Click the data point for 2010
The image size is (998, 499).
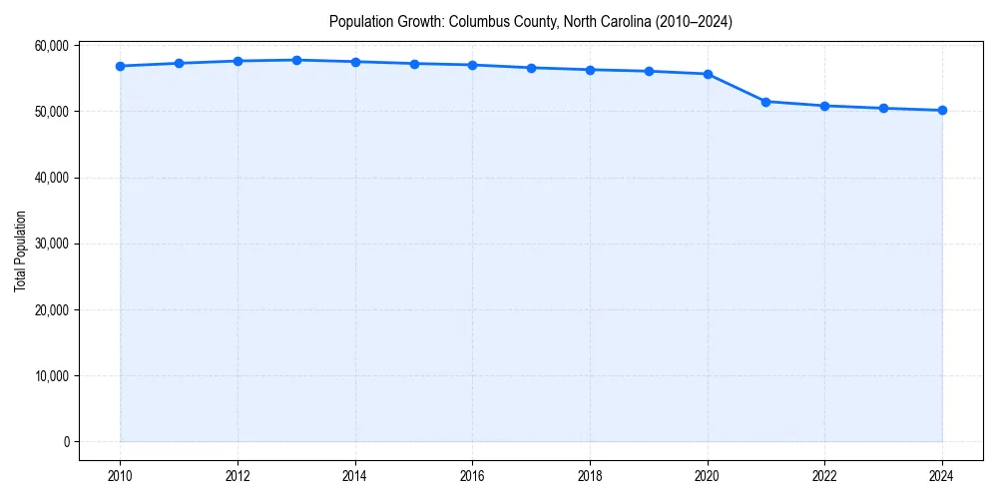[120, 66]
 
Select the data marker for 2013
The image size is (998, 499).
[296, 60]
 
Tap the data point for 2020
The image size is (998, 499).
[708, 74]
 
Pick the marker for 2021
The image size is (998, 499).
[766, 102]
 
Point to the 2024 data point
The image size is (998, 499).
[942, 110]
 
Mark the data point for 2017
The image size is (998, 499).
[531, 68]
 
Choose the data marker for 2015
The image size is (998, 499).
[414, 64]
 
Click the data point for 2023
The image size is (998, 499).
[883, 108]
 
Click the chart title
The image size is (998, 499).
[531, 22]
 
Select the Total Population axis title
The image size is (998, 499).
[20, 250]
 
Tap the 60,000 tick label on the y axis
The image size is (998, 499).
[51, 46]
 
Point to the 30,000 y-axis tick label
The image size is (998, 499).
[51, 244]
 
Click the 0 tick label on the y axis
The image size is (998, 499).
[65, 442]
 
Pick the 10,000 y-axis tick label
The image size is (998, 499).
[51, 376]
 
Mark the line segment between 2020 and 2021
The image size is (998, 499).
[737, 88]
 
